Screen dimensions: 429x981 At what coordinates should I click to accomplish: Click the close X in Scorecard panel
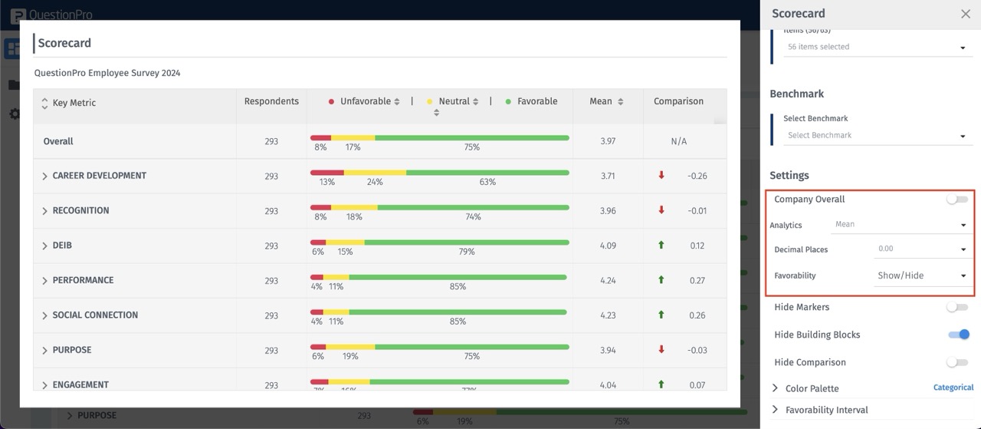[x=965, y=14]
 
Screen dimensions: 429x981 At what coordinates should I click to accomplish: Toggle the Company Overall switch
[x=956, y=200]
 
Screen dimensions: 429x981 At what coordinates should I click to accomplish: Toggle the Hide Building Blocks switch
[x=958, y=335]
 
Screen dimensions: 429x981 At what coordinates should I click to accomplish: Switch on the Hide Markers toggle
[x=956, y=307]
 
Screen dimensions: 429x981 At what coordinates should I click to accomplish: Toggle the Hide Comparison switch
[x=956, y=362]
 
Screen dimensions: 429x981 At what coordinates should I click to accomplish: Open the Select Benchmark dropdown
[x=875, y=136]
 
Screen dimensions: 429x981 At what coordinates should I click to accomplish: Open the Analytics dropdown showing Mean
[x=900, y=225]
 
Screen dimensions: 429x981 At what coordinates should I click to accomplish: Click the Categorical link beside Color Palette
[x=953, y=388]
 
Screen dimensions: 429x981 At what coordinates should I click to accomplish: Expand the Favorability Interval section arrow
[x=775, y=410]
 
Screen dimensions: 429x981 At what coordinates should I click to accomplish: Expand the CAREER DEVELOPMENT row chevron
[x=44, y=177]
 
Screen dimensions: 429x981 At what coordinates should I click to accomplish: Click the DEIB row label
[x=62, y=246]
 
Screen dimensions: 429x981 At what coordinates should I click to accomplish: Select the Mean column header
[x=601, y=101]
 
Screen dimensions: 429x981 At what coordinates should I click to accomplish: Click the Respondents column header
[x=271, y=101]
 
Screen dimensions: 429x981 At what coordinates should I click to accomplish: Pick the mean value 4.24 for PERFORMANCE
[x=608, y=281]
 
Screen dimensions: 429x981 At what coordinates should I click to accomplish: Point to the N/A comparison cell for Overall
[x=678, y=142]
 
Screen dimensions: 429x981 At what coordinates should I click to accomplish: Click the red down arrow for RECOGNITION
[x=661, y=210]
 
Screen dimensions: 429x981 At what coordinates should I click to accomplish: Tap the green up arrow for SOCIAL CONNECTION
[x=661, y=315]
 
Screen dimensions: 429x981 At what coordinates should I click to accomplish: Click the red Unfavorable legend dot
[x=331, y=102]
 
